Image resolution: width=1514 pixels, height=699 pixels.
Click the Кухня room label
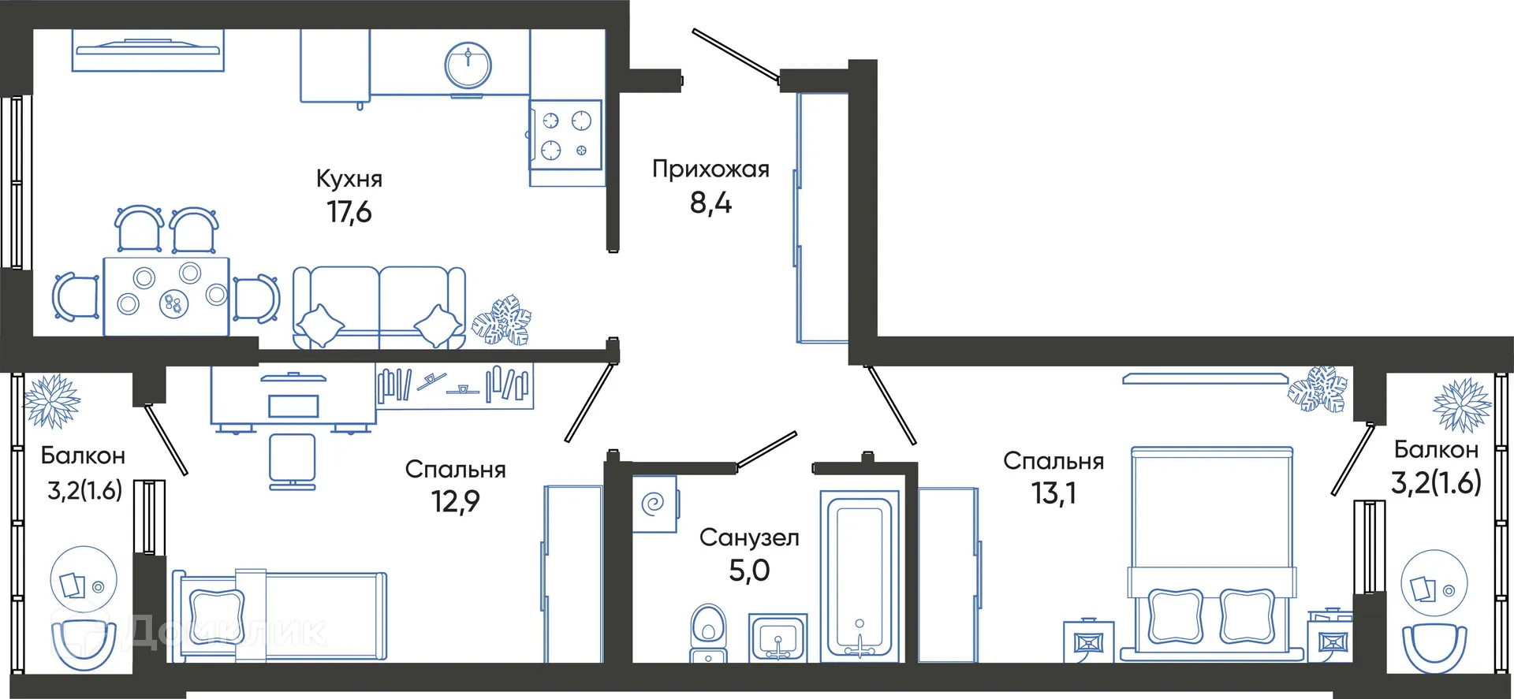pos(349,179)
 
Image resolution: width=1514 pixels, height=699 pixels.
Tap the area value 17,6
pos(349,212)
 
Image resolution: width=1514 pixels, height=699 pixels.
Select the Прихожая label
pos(710,169)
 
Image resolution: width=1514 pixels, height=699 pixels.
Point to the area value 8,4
pos(710,203)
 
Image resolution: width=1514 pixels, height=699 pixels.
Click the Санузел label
pos(749,537)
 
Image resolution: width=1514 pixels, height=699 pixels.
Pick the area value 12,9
pos(455,501)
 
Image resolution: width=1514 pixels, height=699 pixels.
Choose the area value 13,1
pos(1053,493)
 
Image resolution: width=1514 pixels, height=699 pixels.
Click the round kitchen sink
pos(468,65)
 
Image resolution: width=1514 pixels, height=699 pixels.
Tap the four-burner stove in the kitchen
pos(565,134)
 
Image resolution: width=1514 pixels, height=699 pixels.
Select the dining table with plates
pos(166,296)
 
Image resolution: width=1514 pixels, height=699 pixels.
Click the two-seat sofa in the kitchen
pos(379,307)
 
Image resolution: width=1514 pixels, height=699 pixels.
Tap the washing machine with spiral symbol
pos(654,504)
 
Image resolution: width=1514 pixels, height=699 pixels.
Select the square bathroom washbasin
pos(778,637)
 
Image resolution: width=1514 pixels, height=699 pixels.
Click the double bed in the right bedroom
pos(1211,552)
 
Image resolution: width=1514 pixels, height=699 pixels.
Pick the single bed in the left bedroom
pos(280,615)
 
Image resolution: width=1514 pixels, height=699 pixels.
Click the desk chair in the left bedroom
pos(292,461)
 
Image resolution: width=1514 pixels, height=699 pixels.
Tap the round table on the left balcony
pos(84,579)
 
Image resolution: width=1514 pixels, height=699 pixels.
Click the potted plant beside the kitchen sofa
pos(502,321)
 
